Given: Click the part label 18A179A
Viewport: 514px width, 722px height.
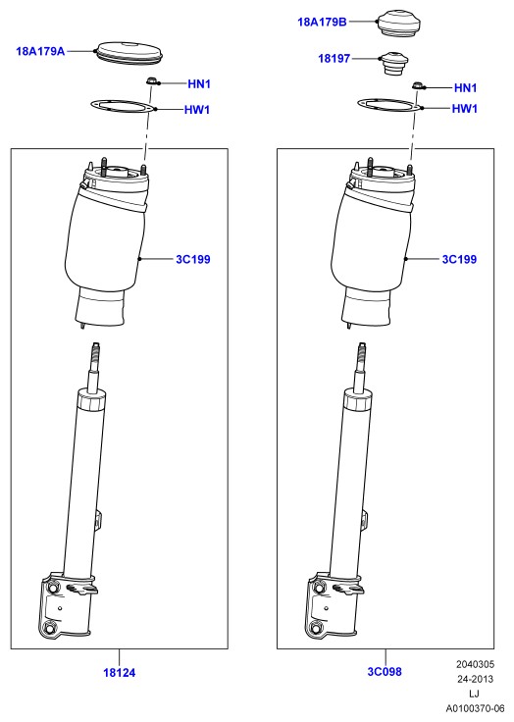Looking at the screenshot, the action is tap(40, 51).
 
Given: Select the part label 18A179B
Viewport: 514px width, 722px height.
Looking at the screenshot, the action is tap(322, 22).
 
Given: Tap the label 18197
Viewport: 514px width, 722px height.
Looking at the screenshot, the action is tap(334, 59).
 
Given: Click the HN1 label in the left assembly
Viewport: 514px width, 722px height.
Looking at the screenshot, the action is tap(199, 83).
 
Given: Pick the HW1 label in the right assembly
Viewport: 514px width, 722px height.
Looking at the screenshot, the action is tap(465, 109).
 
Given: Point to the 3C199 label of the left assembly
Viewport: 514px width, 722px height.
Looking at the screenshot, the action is tap(193, 259).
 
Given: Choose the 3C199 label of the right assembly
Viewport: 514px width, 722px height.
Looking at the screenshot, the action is tap(459, 259).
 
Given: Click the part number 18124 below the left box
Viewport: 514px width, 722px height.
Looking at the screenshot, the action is tap(120, 673).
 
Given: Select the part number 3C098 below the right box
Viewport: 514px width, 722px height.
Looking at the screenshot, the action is tap(385, 672).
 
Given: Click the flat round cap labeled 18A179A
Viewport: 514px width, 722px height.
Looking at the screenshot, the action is tap(128, 52).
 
